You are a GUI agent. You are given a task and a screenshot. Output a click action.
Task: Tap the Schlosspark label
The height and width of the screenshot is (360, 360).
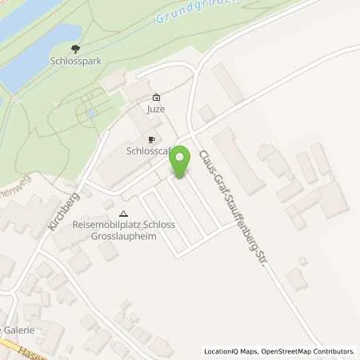[76, 61]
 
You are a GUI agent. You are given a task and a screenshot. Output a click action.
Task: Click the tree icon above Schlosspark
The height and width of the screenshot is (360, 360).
[75, 49]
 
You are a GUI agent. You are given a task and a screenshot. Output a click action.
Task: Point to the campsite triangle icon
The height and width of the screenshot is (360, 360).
[123, 214]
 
